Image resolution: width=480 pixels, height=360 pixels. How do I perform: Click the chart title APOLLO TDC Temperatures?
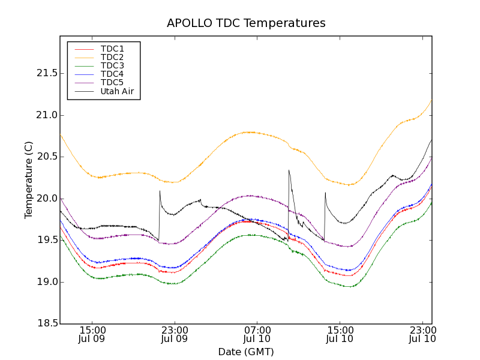point(246,23)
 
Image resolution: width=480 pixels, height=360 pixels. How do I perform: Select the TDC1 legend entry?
point(112,49)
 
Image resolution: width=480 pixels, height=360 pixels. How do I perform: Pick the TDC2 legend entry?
point(112,57)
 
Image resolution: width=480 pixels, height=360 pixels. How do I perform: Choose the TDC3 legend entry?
point(112,65)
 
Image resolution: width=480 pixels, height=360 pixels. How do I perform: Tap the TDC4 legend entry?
point(112,74)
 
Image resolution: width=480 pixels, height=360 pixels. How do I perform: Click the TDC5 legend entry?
point(112,82)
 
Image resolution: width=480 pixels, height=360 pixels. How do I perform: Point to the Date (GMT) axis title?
point(246,352)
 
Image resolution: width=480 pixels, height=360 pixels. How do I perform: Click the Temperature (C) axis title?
point(29,180)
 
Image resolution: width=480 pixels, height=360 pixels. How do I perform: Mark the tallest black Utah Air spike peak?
point(289,170)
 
